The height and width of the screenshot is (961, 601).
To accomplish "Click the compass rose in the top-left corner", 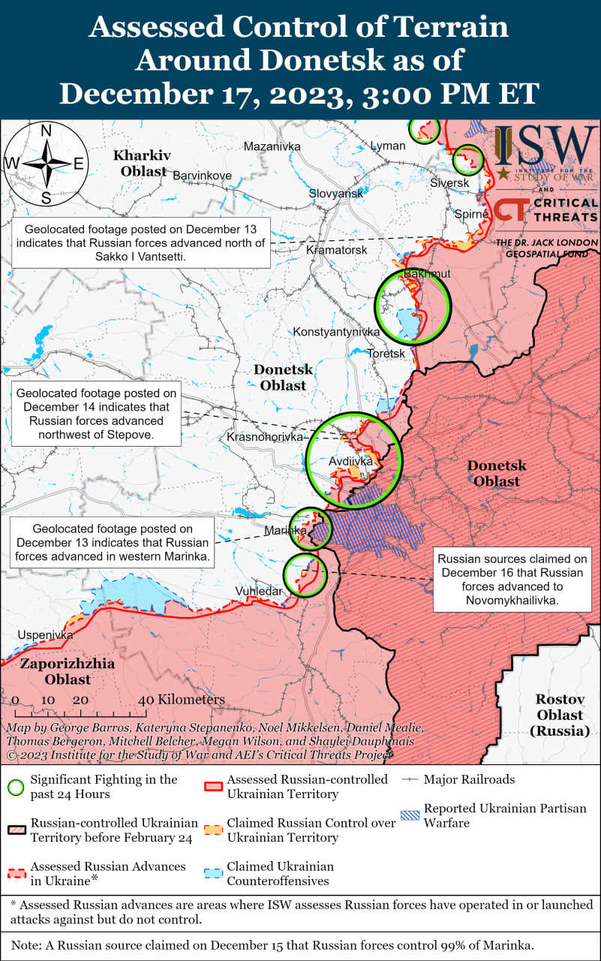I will coord(46,163).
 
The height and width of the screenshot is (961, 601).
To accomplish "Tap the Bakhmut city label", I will coord(427,274).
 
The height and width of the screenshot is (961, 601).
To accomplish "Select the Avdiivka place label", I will coord(350,461).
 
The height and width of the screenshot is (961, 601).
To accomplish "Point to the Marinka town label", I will coord(285,531).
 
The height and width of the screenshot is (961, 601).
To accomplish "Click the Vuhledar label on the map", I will coord(259,591).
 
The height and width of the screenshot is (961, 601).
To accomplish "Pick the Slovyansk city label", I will coord(335,194).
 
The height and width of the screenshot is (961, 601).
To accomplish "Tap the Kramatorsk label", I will coord(337,249).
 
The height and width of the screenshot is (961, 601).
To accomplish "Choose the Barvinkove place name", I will coord(202,175).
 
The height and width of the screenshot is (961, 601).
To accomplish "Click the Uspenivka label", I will coord(45,635).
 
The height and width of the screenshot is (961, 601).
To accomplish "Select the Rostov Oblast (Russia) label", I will coord(560,715).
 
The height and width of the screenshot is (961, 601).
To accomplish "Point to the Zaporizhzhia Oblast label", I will coord(67,671).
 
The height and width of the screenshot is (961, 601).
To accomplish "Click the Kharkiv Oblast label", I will coord(142,163).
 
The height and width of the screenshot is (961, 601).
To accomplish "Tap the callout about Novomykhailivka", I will coord(512,580).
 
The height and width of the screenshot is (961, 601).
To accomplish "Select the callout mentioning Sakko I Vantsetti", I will coord(140,243).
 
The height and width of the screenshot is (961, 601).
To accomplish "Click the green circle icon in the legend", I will coord(16,788).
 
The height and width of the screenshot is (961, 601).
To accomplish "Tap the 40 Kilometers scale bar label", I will coord(182,700).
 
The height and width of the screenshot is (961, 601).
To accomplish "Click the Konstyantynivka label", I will coord(336,331).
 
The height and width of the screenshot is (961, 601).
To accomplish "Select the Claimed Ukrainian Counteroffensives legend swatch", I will coord(214,873).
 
